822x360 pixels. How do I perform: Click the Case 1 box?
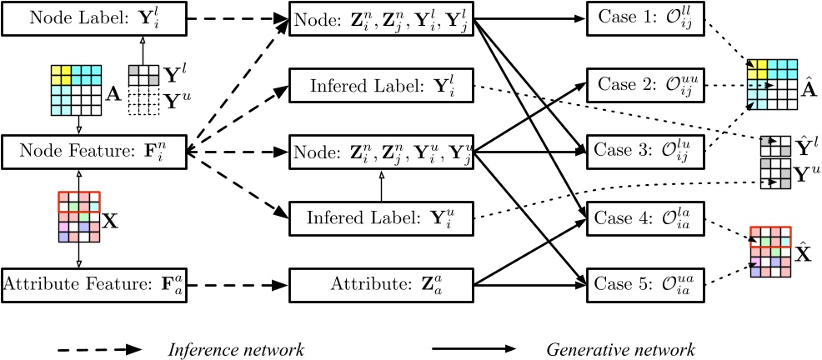point(645,19)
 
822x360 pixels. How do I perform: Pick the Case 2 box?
point(645,84)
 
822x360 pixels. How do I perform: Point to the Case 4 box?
point(645,218)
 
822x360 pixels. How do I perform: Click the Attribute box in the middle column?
point(381,284)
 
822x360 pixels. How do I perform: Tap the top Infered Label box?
point(381,86)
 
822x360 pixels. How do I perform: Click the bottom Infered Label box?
point(381,218)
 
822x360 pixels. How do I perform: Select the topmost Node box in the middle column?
point(381,19)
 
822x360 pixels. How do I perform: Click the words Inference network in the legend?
point(236,349)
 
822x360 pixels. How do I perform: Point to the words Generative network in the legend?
point(620,349)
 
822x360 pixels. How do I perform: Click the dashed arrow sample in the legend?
point(100,349)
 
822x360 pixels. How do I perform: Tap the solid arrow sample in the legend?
point(474,349)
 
